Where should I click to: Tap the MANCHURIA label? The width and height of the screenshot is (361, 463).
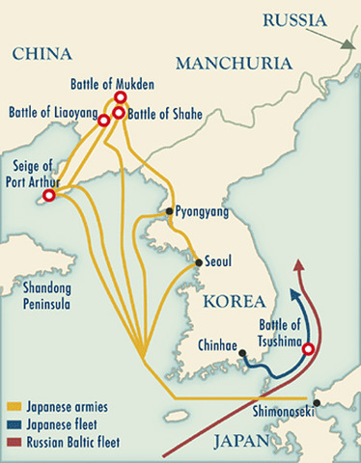coord(233,65)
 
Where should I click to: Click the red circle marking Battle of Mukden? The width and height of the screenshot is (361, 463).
coord(122,97)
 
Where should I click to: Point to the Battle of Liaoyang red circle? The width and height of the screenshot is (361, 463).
coord(104,120)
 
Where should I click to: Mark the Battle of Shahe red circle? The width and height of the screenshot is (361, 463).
coord(119,113)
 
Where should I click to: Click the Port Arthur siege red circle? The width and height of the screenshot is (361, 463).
coord(49,196)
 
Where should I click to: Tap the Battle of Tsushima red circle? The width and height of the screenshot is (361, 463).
coord(308,349)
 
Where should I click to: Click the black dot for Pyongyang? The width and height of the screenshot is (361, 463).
coord(169,211)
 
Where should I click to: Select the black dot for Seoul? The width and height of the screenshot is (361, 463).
coord(198,261)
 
